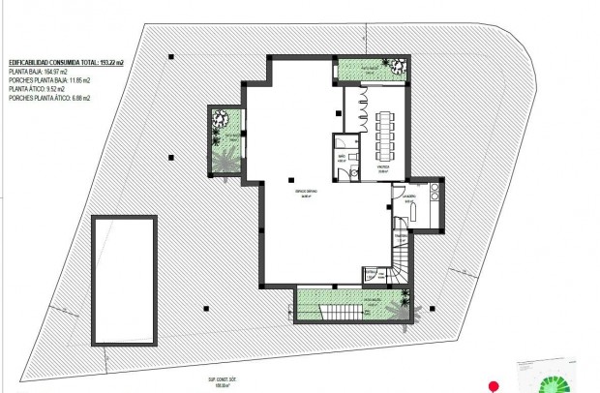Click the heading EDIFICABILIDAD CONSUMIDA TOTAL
tap(68, 60)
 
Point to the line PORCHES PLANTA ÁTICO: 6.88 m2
tap(49, 98)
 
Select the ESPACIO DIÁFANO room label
tap(305, 194)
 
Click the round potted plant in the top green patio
tap(397, 65)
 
